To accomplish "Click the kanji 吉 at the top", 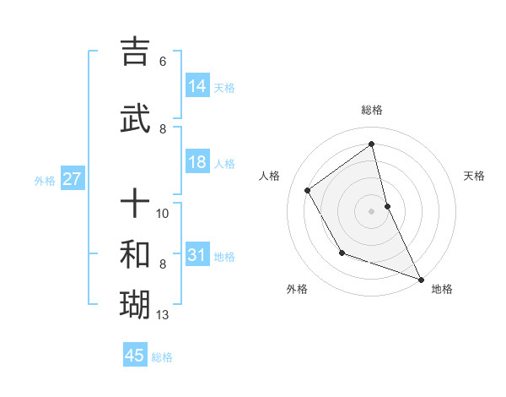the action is (135, 52).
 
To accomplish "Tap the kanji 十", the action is (135, 203).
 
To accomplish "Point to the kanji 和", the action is (135, 254).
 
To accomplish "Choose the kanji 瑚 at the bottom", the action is (135, 305).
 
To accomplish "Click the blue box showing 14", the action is (197, 86).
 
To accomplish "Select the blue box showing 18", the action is (197, 163).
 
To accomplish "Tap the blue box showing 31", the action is (197, 255).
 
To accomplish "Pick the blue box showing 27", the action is (72, 179).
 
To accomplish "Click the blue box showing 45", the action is (135, 356).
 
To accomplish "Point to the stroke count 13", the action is (163, 316).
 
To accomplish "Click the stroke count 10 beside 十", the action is (163, 213).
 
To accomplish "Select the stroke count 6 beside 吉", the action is (162, 62).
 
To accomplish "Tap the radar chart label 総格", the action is (372, 110).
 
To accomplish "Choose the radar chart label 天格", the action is (474, 176).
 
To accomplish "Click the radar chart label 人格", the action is (270, 176).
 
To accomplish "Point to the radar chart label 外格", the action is (297, 289).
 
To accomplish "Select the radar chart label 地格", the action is (442, 289).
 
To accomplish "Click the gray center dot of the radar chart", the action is (371, 210).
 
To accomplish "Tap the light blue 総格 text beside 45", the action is (162, 357).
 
